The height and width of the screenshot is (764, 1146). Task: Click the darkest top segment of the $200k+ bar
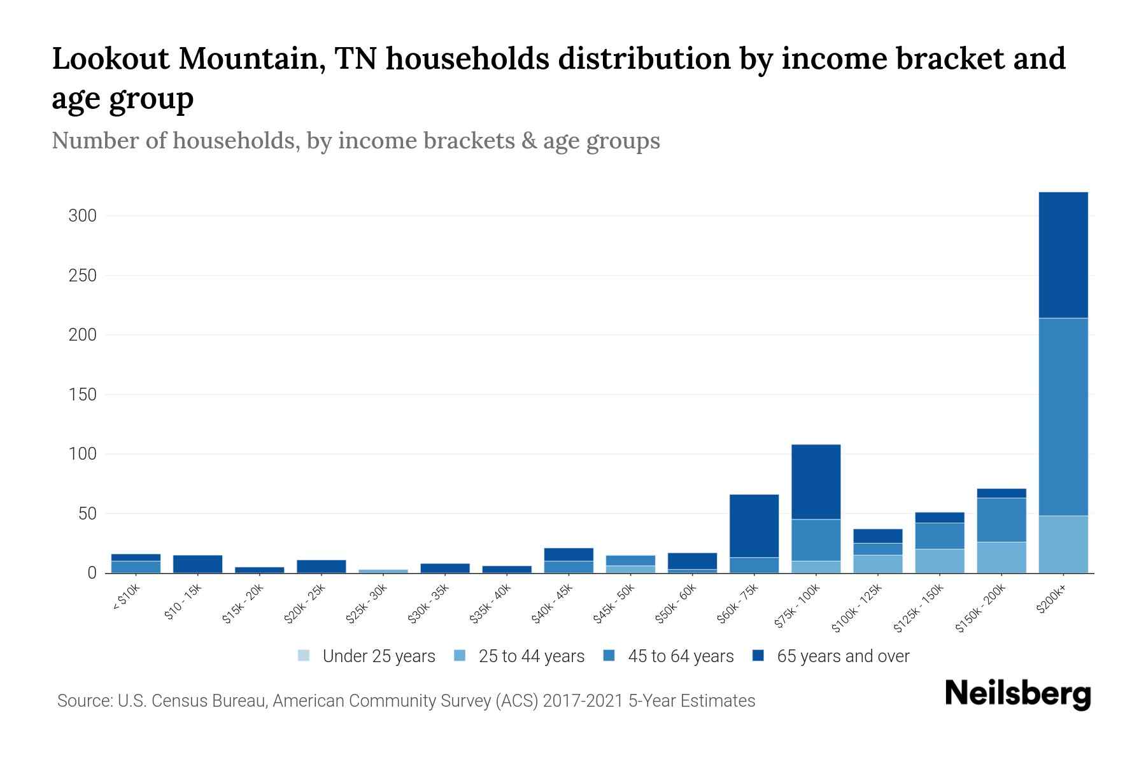point(1063,255)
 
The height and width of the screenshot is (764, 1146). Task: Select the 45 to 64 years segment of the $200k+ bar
point(1063,417)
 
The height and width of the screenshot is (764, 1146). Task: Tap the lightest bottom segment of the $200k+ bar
point(1063,544)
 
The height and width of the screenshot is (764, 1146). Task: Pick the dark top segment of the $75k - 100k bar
point(816,482)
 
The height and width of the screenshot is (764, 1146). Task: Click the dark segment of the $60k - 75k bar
point(754,526)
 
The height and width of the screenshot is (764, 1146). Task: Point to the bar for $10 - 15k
point(197,564)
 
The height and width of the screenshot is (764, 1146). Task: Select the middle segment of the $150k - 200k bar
point(1001,520)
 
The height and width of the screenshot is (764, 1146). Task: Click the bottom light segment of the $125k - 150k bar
point(939,561)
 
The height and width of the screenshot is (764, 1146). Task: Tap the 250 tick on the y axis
point(82,276)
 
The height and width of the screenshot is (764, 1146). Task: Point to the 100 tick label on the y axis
point(82,454)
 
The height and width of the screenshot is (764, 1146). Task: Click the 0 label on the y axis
point(92,573)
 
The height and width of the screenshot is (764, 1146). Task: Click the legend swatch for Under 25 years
point(304,656)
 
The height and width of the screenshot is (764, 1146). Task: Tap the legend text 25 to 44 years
point(531,656)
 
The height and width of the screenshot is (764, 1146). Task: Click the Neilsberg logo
point(1017,694)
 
